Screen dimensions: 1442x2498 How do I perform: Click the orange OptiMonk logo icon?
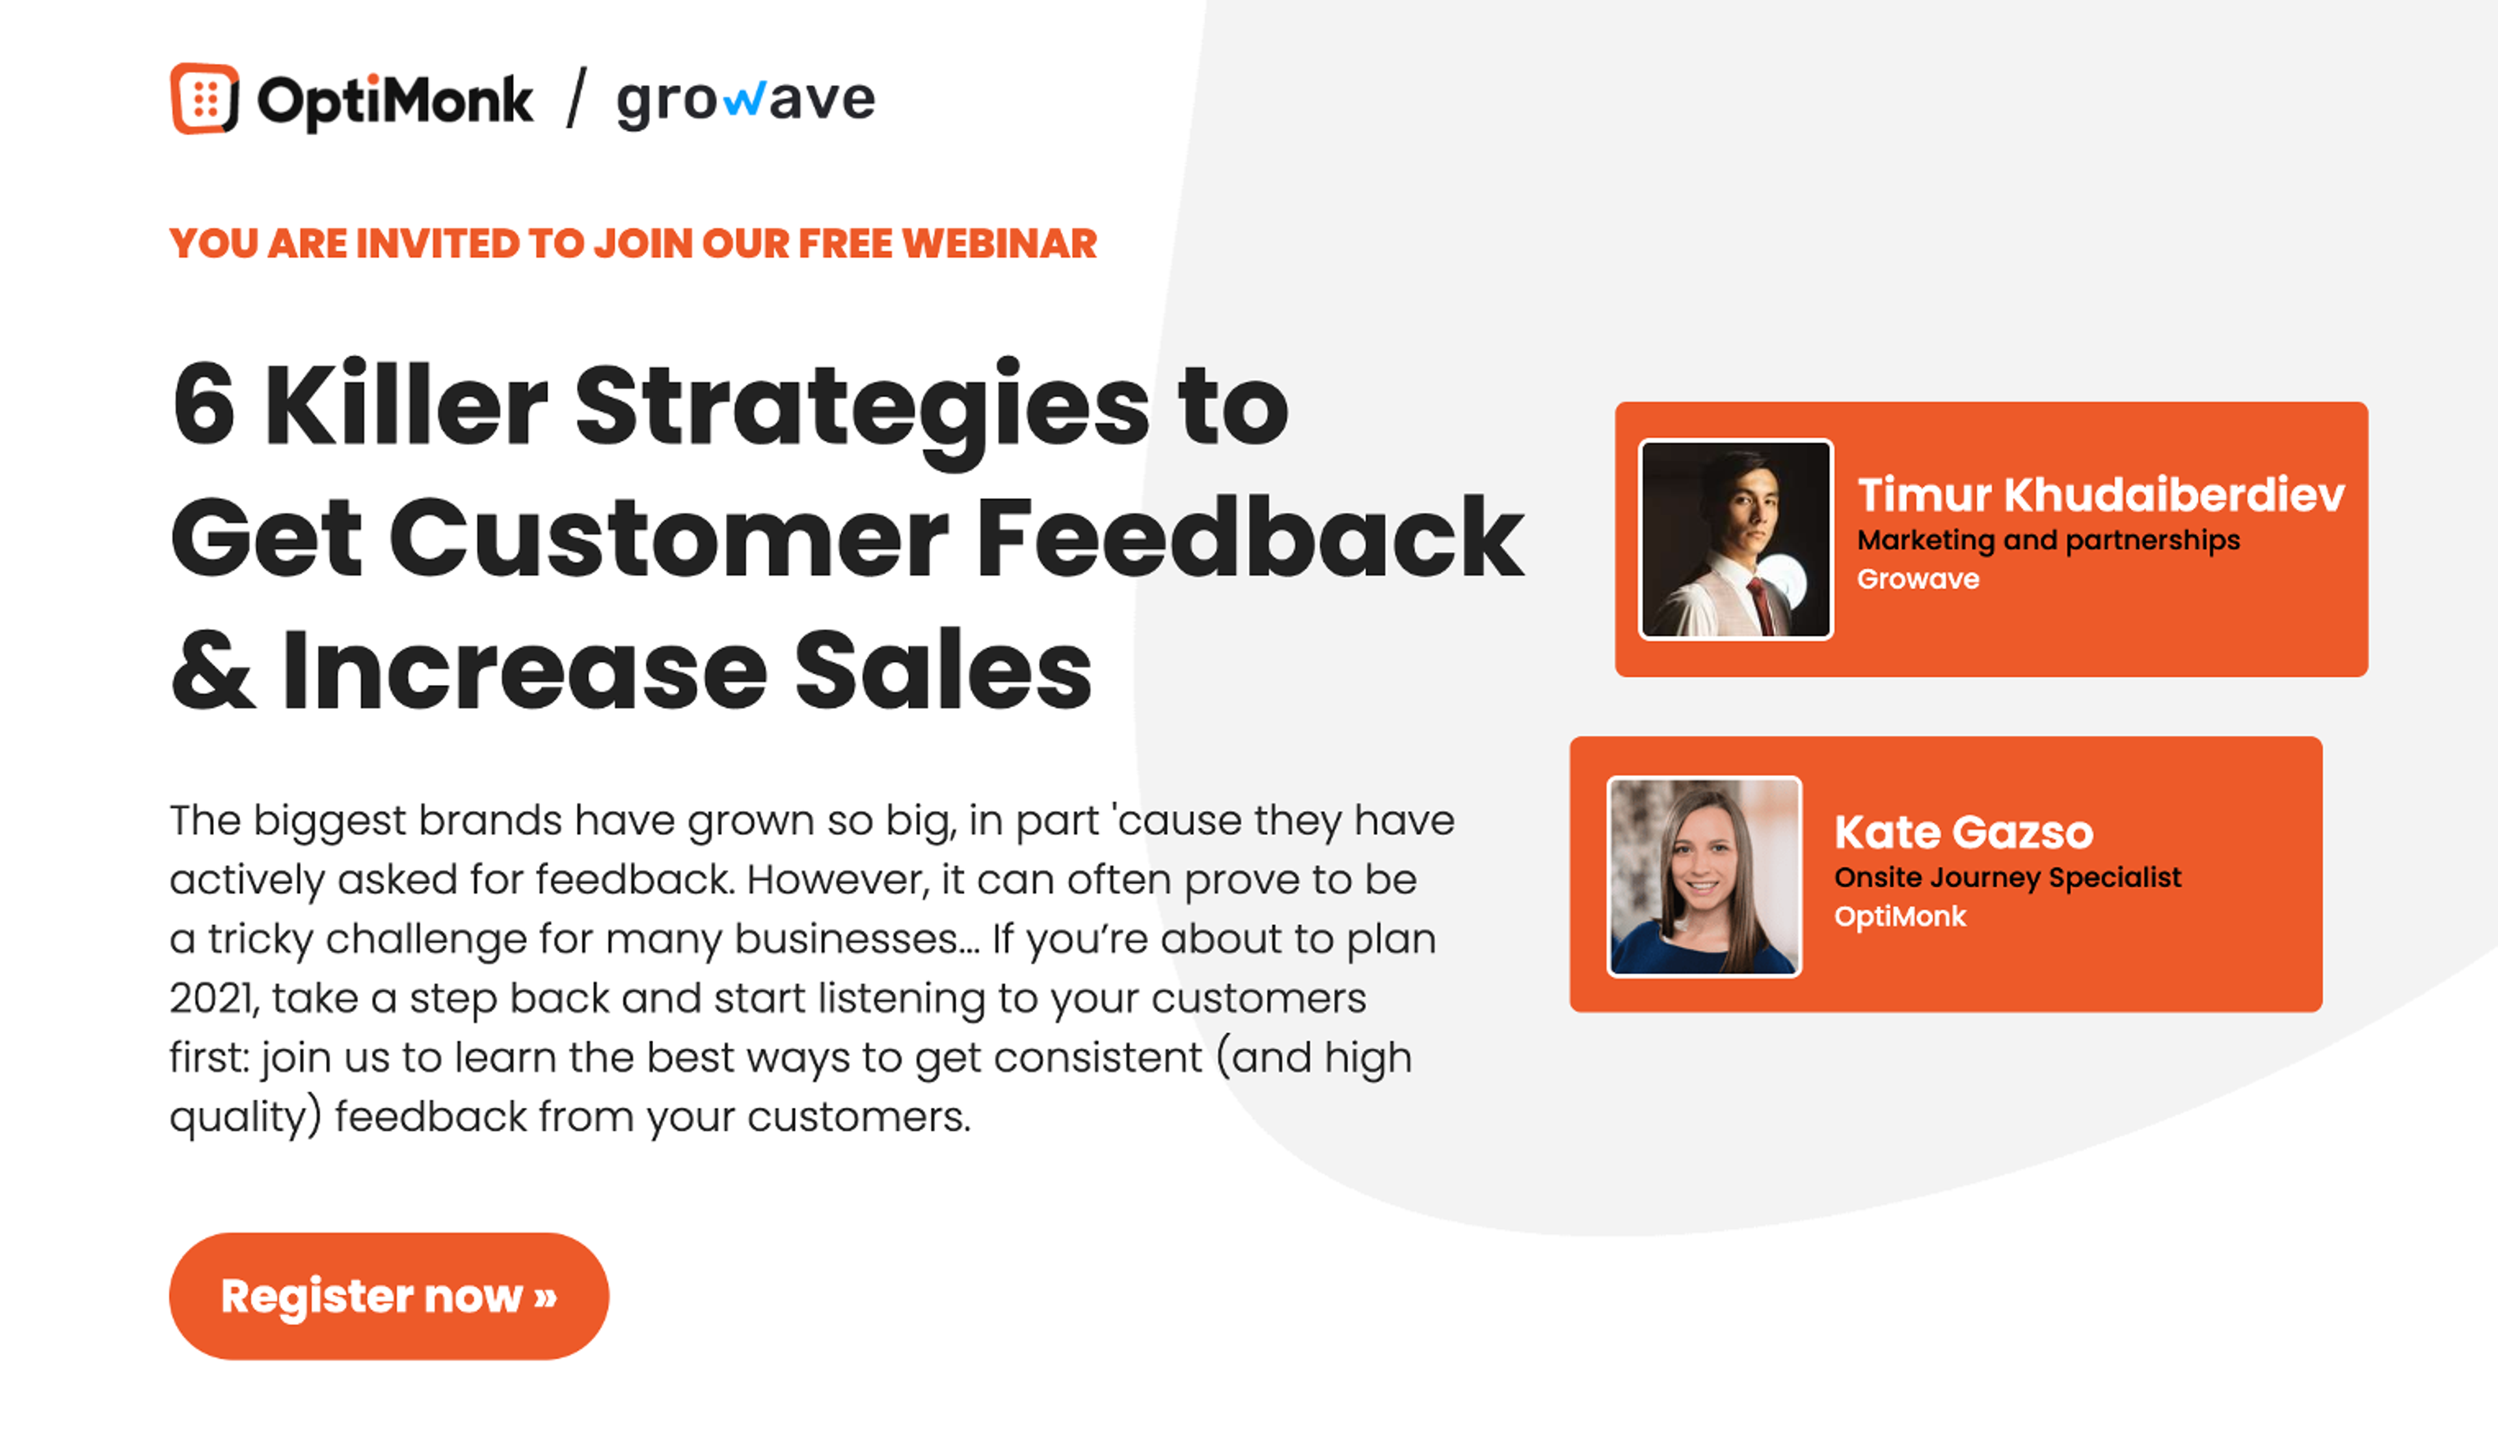(x=205, y=99)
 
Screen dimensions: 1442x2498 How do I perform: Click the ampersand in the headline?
(x=213, y=671)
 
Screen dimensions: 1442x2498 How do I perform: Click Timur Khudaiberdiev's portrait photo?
(x=1736, y=540)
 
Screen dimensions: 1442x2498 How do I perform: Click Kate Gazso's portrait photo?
(x=1704, y=877)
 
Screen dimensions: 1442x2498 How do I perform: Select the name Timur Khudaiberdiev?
(x=2100, y=494)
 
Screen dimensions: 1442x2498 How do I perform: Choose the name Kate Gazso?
(x=1963, y=832)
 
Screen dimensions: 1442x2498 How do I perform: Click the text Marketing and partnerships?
(x=2047, y=541)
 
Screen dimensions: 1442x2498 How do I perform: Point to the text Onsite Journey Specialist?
(x=2007, y=877)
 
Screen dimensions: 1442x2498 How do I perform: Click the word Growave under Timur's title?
(x=1918, y=580)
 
